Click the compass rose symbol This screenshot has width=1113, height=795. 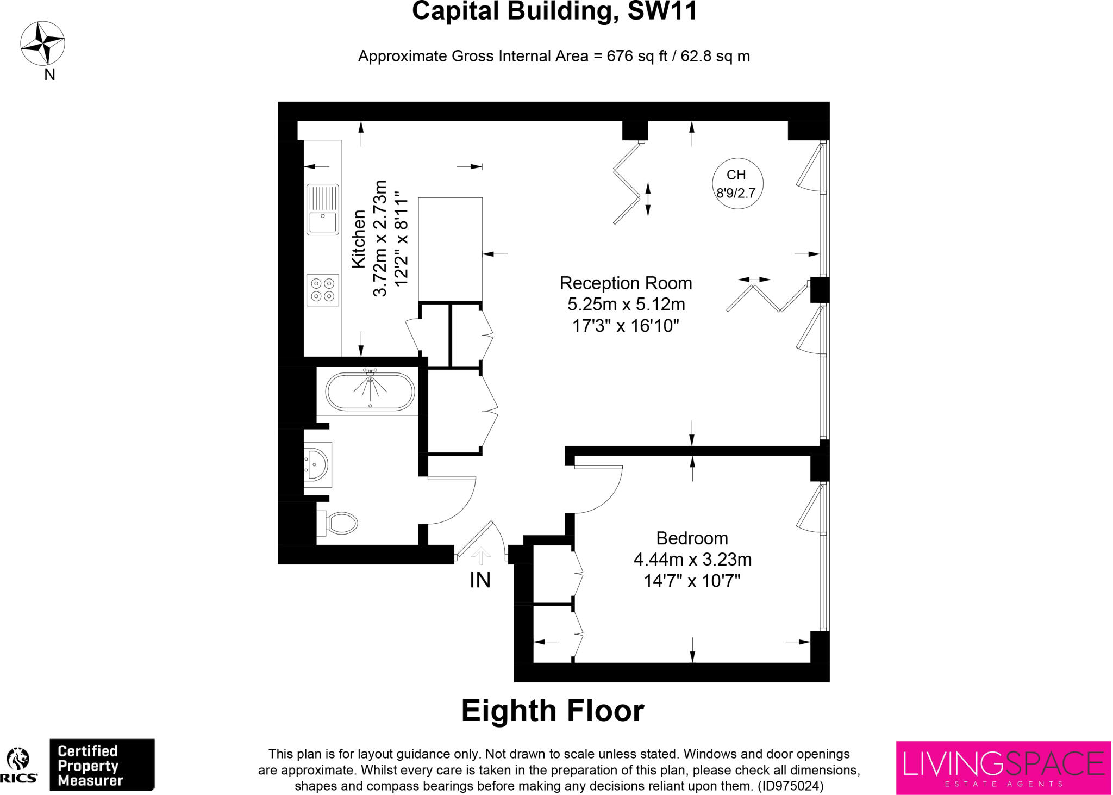point(42,44)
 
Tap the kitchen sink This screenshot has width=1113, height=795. point(323,209)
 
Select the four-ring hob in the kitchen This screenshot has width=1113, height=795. point(323,290)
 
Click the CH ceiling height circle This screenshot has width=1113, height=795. point(737,183)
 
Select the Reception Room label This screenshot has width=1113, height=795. point(626,283)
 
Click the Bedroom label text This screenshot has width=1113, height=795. point(692,538)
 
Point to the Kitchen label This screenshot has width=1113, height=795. point(359,239)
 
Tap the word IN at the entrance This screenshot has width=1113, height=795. point(480,580)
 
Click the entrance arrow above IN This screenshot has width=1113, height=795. point(480,556)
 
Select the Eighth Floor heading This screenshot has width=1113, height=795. point(552,710)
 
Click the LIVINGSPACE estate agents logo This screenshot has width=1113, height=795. point(1003,767)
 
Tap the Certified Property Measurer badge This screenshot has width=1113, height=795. point(102,765)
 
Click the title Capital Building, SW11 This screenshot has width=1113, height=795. point(554,12)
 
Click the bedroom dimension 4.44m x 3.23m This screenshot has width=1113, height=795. point(692,560)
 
